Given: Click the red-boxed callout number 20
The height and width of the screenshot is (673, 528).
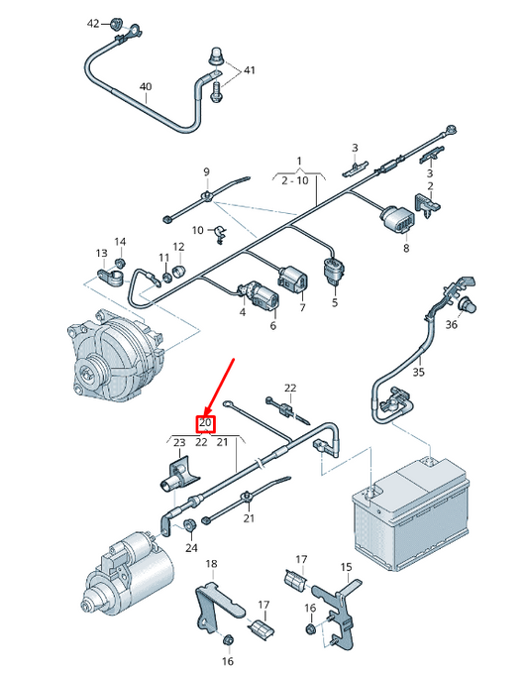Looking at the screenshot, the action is (205, 423).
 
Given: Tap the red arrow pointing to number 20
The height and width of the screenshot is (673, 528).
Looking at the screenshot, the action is (219, 387).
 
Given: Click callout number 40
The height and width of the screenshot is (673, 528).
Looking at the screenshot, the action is (146, 86).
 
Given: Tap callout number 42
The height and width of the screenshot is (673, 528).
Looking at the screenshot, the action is (93, 24).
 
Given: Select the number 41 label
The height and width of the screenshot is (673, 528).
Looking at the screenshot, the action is (249, 70).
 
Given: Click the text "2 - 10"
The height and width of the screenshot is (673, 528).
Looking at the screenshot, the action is (294, 180).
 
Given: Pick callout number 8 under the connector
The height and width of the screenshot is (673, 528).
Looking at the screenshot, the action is (406, 248).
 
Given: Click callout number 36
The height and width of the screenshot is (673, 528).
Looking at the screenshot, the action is (451, 324).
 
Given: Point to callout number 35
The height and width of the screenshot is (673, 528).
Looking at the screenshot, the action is (418, 372).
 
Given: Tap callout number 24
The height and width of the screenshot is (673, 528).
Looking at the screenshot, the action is (191, 548).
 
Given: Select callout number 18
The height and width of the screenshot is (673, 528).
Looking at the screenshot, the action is (211, 564).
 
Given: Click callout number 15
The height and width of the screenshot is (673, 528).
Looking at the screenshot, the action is (346, 567).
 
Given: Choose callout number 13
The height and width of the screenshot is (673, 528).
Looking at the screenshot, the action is (101, 253).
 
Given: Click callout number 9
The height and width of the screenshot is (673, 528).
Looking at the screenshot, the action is (207, 172).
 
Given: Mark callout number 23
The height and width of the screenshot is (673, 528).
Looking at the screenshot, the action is (179, 442).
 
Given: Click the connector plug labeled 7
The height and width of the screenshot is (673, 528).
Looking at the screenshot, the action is (292, 279).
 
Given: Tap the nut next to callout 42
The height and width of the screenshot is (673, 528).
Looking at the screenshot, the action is (115, 24).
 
